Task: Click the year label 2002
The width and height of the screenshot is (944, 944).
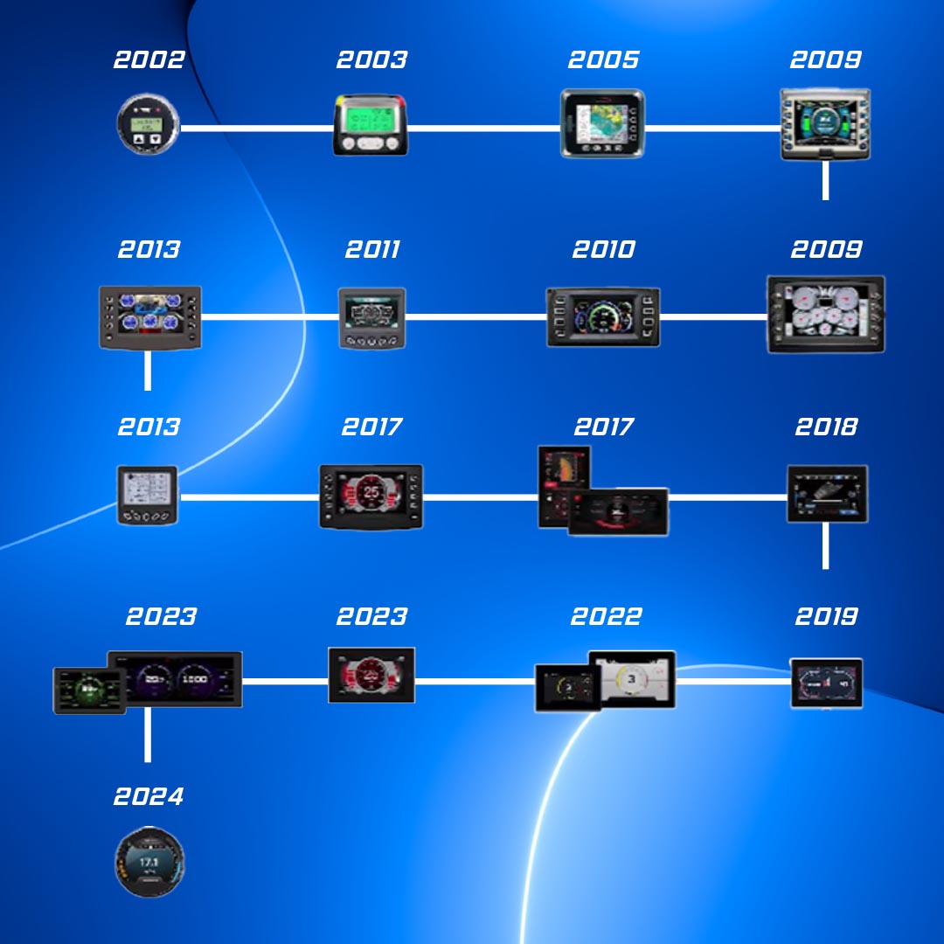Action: [149, 60]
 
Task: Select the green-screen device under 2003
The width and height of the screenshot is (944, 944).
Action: [371, 125]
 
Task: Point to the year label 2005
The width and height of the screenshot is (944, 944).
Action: [603, 60]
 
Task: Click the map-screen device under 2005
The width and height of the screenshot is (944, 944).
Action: [602, 124]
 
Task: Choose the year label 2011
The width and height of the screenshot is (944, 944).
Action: [372, 250]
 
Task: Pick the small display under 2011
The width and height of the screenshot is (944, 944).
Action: [372, 317]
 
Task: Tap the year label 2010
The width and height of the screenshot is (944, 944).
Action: [603, 250]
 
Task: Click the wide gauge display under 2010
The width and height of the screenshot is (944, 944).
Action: [603, 317]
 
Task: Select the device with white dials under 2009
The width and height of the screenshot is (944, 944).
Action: [826, 315]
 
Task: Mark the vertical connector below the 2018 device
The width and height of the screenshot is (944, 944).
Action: [826, 546]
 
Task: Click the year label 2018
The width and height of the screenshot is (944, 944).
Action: [826, 427]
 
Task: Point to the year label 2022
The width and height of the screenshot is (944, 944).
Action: [606, 617]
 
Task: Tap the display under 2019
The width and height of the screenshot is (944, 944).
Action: [827, 683]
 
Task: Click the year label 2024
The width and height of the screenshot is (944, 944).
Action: [149, 797]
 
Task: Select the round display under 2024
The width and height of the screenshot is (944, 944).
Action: [149, 862]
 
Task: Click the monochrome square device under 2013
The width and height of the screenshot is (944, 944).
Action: [147, 495]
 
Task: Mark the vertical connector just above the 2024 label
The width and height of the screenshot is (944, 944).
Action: [148, 734]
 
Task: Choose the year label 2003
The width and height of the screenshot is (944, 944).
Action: [371, 60]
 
